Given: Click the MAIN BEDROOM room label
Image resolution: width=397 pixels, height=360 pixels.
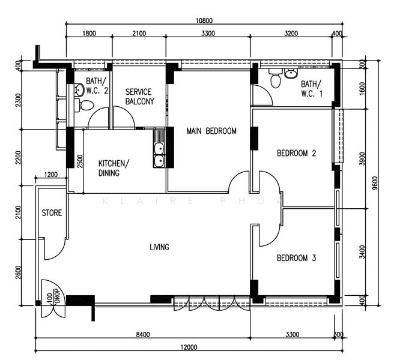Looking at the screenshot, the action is coord(211,131).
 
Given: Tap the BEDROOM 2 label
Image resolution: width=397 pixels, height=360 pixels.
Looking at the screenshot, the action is coord(297,154).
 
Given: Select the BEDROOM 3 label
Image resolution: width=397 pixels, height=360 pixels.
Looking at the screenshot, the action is coord(297,258).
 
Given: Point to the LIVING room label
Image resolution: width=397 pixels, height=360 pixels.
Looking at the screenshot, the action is coord(160,247).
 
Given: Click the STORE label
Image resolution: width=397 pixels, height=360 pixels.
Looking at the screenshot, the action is coord(52,213).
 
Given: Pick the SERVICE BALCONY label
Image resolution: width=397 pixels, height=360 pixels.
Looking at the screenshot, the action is coord(140,97).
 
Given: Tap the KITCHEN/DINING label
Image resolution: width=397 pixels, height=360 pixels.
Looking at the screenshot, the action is coord(114,168).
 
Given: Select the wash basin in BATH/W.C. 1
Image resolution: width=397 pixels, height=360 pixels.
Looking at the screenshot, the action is coord(291,74).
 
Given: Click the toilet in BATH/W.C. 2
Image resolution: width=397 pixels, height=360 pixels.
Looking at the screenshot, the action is coord(84,105).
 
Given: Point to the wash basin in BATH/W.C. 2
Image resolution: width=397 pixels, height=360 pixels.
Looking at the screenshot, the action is coord(79,90).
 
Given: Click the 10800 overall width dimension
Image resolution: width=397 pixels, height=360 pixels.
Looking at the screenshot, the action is coord(204,20).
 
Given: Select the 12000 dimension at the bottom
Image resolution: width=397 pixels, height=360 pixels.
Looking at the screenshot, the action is coord(189,347).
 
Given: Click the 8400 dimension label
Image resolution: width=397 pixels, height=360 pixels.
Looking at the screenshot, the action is coord(143,334).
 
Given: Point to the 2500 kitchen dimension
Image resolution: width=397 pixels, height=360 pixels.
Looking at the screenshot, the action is coord(79,161).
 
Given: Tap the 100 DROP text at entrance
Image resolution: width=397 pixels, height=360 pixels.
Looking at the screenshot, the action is coord(53,296).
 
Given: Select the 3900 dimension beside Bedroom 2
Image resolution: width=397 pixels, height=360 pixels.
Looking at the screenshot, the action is coord(363,159).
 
